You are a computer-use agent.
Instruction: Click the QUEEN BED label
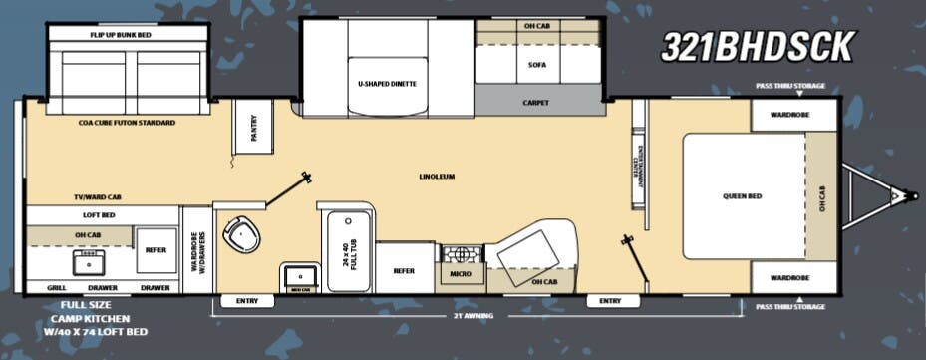tap(743, 196)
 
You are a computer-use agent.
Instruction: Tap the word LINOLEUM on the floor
tap(437, 177)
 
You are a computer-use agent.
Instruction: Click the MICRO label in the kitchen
tap(460, 272)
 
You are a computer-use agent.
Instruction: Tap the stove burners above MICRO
tap(460, 253)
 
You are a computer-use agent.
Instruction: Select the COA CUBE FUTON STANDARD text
tap(127, 123)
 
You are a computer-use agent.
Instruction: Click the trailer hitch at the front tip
tap(910, 195)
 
